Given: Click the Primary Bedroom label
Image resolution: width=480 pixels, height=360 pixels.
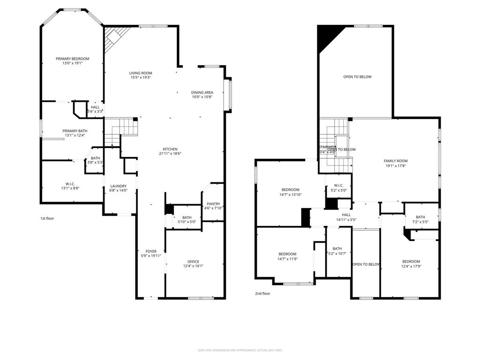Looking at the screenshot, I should (x=72, y=59).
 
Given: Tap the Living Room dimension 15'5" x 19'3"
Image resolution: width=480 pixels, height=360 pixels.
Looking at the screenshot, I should (x=141, y=78).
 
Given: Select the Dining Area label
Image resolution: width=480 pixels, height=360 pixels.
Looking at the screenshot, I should (x=202, y=92).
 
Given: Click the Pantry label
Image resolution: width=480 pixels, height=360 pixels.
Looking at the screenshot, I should (x=212, y=204).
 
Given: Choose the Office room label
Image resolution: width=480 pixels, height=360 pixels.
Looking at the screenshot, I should (x=193, y=262).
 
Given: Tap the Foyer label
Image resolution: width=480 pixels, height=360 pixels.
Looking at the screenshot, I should (x=151, y=252).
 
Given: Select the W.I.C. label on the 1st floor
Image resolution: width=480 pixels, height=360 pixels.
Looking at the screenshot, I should (x=70, y=183).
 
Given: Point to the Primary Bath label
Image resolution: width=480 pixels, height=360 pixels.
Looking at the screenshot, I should (x=75, y=131).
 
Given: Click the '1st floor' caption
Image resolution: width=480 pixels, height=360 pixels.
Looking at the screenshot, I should (x=47, y=218).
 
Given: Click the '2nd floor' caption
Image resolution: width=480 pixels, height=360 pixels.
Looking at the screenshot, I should (x=262, y=293).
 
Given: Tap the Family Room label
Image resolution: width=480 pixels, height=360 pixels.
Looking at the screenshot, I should (x=396, y=161).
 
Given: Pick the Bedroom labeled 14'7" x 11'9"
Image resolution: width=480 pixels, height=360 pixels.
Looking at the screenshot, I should (x=287, y=254).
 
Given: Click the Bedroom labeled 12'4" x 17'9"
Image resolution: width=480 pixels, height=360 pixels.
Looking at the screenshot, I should (x=411, y=262).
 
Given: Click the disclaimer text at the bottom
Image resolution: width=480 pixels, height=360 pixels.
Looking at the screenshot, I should (x=240, y=350).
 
